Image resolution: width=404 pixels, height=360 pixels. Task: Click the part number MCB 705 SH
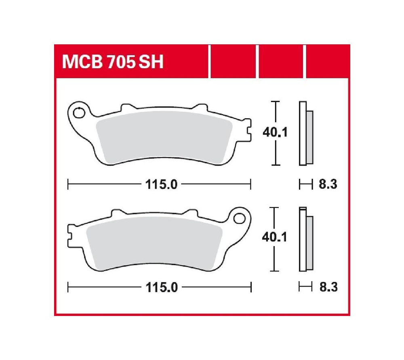click(x=113, y=62)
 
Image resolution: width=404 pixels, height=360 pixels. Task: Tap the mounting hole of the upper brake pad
click(x=79, y=113)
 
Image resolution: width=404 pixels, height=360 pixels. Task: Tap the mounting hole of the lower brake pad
click(x=239, y=218)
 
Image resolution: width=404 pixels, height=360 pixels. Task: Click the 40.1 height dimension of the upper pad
click(x=275, y=132)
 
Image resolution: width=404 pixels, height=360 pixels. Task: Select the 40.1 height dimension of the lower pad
click(x=274, y=237)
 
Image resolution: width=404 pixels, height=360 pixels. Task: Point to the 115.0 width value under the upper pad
click(x=161, y=184)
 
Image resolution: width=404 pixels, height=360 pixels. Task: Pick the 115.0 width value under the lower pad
click(x=162, y=287)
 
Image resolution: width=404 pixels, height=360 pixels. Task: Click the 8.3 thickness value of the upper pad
click(x=328, y=184)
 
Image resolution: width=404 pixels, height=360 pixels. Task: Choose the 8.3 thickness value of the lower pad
click(x=328, y=287)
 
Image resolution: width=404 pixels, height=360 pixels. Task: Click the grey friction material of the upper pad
click(x=164, y=138)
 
